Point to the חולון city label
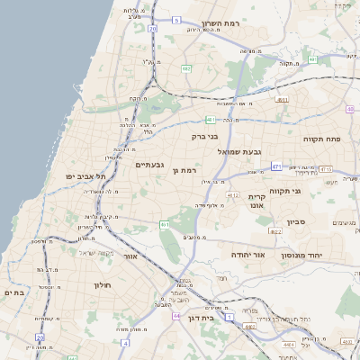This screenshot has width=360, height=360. pos(101,284)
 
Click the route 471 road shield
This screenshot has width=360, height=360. pos(275,166)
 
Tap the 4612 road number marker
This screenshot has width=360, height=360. pos(233,194)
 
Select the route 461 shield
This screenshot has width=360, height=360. pos(165,224)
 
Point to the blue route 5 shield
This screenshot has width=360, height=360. pos(177,20)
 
